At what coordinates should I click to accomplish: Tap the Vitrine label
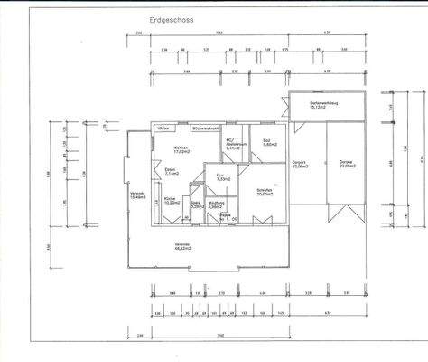coord(164,129)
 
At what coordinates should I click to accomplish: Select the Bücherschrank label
coord(205,129)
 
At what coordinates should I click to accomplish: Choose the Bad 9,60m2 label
coord(269,143)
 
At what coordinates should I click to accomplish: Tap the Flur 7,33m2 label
coord(219,177)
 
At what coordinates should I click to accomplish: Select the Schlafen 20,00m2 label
coord(265,193)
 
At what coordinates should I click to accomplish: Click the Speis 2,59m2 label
coord(195,205)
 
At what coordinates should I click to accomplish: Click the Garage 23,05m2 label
coord(347,166)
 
